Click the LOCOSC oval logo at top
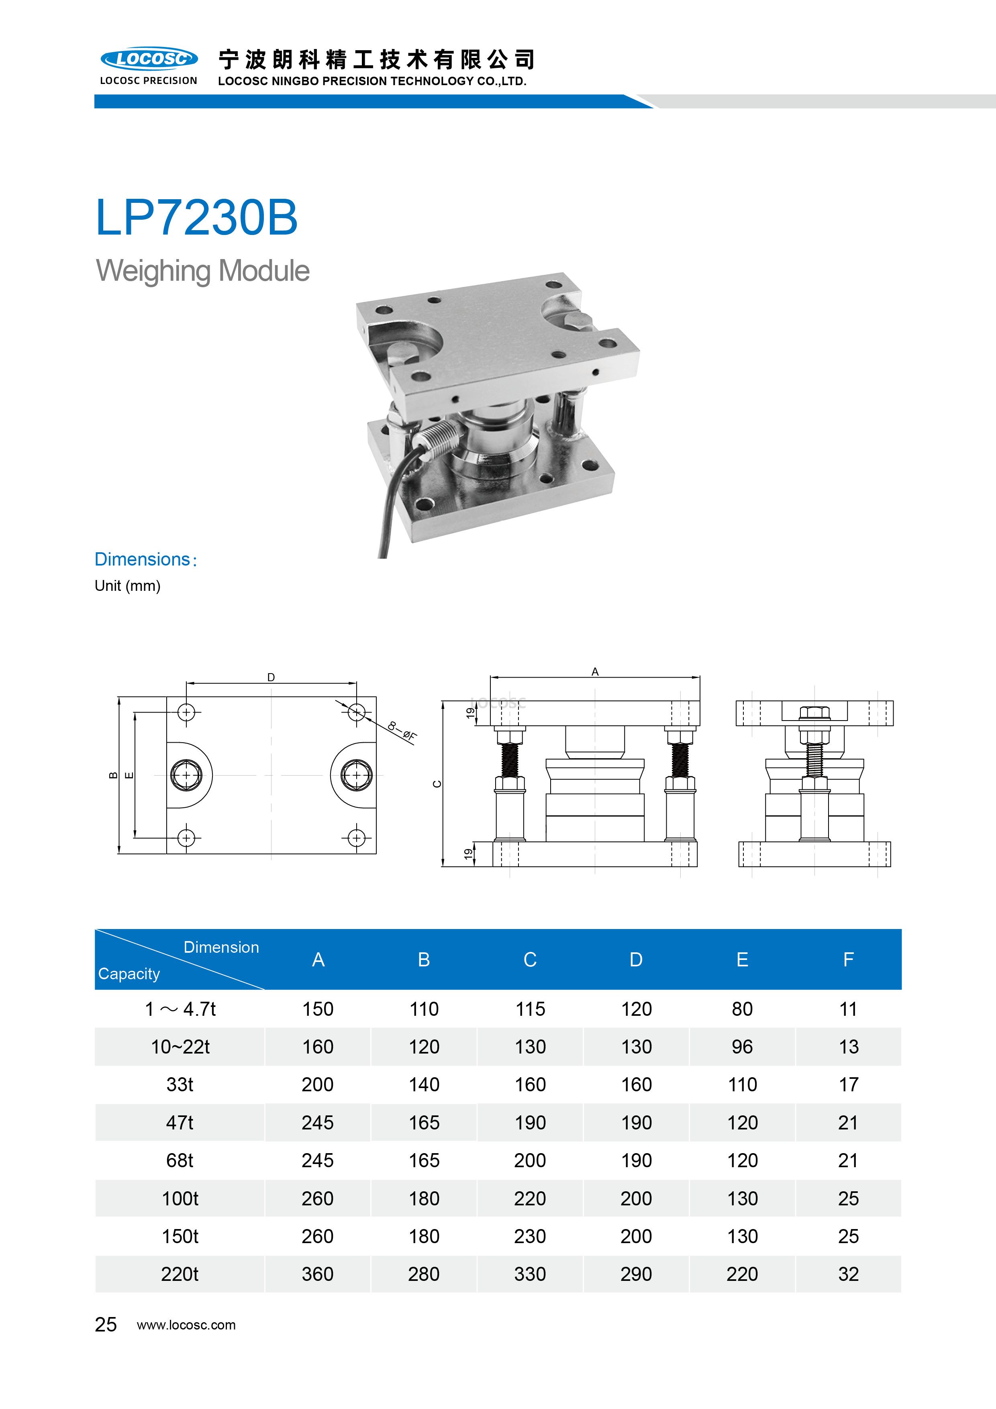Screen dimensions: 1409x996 [x=149, y=59]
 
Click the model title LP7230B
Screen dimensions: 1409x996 [x=196, y=218]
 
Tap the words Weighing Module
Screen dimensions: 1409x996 [x=202, y=271]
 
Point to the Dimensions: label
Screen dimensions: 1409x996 [x=145, y=559]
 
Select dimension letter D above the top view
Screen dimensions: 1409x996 [x=271, y=678]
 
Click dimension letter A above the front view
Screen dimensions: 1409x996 [x=595, y=672]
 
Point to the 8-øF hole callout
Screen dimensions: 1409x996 [x=402, y=731]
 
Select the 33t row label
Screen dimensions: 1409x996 [x=180, y=1084]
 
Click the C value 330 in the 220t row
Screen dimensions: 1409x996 [x=530, y=1274]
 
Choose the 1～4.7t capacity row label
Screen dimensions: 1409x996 [x=180, y=1009]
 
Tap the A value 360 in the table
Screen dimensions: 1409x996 [x=317, y=1274]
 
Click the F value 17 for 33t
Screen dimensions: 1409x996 [x=848, y=1084]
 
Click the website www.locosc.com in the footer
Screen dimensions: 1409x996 [x=186, y=1325]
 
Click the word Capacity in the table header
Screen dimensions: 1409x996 [x=129, y=974]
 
